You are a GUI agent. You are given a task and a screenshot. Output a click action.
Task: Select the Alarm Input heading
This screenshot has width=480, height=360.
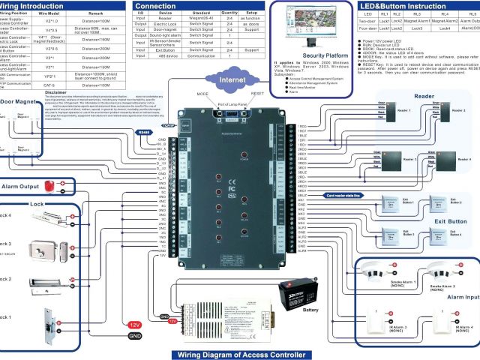[457, 297]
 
